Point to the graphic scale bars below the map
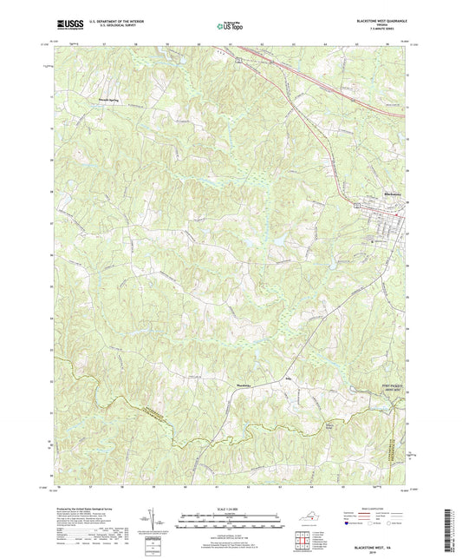pos(231,522)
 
